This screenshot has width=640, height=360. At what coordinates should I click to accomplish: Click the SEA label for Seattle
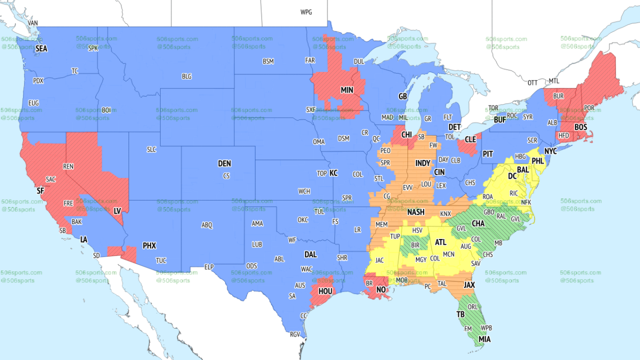coord(41,49)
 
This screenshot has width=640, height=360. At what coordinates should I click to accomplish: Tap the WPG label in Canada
coord(306,12)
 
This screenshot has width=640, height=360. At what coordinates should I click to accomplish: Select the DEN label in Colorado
coord(225,164)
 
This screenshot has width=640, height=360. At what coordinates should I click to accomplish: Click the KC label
coord(333,173)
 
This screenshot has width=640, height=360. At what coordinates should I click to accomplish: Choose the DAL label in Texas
coord(310,254)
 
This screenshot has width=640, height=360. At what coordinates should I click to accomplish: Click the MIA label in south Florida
coord(485,338)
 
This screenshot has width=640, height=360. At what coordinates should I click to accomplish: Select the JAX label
coord(469,285)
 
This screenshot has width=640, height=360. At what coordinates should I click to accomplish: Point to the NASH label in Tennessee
coord(415,212)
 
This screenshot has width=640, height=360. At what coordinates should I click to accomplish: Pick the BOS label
coord(581,127)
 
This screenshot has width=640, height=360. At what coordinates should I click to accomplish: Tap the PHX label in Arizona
coord(149,246)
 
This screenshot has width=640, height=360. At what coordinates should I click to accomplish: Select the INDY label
coord(422,163)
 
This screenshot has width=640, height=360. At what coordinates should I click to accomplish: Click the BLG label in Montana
coord(186,76)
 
